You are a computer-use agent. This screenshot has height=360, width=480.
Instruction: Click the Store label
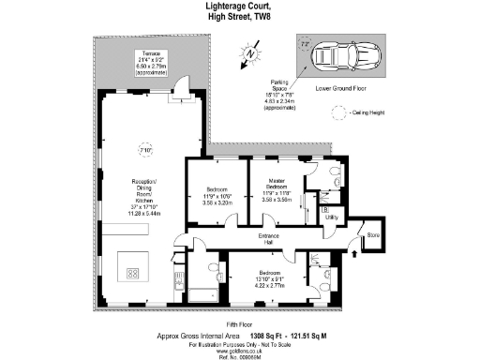tap(372, 234)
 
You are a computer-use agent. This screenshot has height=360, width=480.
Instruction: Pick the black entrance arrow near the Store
tap(353, 250)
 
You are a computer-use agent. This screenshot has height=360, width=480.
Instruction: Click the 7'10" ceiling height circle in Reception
tap(143, 149)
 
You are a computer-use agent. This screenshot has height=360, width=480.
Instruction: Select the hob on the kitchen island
tap(132, 275)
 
